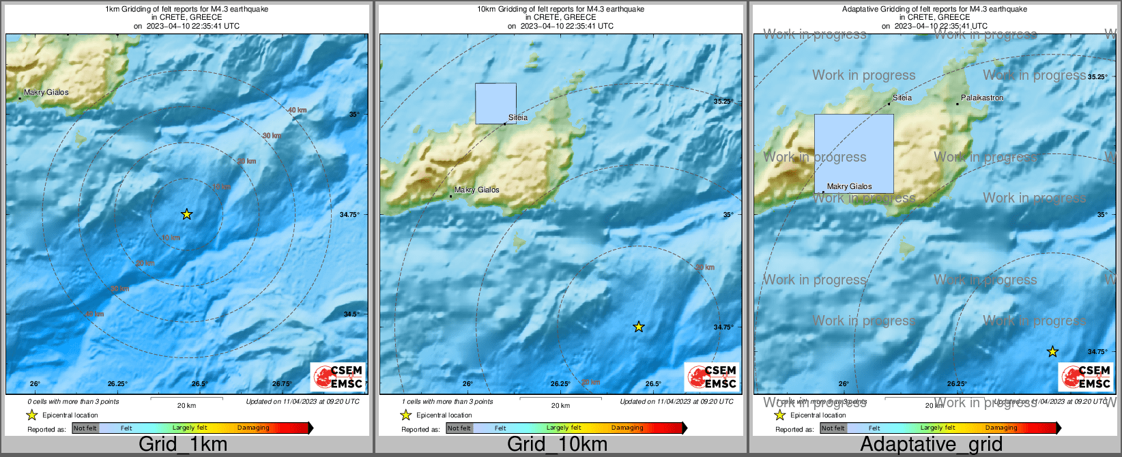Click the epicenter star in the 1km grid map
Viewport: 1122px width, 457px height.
(x=186, y=214)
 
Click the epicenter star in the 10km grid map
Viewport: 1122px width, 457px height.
(x=638, y=327)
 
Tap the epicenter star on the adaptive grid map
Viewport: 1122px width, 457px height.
(x=1052, y=351)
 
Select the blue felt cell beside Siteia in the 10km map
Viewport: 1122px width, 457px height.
(x=495, y=104)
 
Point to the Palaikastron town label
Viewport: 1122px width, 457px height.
(x=982, y=98)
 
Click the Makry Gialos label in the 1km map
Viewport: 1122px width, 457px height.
(x=46, y=93)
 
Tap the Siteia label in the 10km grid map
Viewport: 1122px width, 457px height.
(x=518, y=117)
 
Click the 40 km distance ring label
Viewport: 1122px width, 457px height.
(x=297, y=110)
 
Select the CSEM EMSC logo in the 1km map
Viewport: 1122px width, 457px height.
(x=339, y=377)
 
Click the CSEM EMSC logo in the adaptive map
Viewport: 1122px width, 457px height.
(x=1085, y=377)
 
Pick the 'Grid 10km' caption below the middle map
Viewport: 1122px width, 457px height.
(x=557, y=445)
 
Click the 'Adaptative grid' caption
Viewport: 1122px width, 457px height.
(x=931, y=445)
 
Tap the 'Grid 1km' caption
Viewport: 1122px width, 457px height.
(x=183, y=445)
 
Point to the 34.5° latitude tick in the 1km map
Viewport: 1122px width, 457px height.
(x=350, y=314)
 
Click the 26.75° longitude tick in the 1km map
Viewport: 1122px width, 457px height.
(x=282, y=384)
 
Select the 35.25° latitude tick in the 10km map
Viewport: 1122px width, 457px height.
(x=723, y=102)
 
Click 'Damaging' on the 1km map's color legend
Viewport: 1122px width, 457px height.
(x=253, y=428)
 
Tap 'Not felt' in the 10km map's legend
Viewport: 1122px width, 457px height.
(x=459, y=428)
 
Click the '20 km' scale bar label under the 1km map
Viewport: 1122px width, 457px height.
(x=186, y=406)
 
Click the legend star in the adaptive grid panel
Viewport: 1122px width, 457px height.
(x=779, y=415)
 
